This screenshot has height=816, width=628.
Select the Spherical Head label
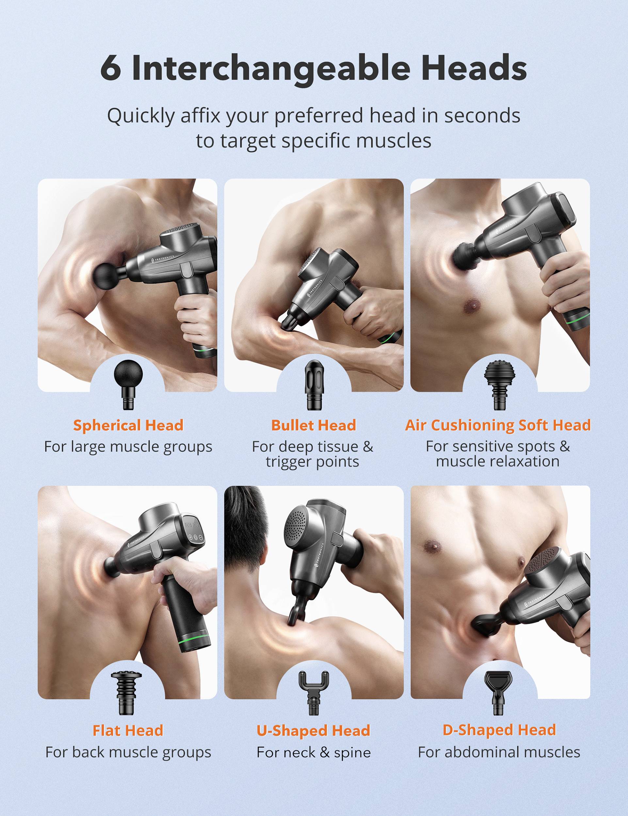pos(128,425)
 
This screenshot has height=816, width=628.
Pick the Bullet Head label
pos(314,425)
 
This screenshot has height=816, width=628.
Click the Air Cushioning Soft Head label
pos(498,425)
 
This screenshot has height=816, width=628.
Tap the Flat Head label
pos(128,730)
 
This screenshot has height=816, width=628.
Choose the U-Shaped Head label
pos(314,730)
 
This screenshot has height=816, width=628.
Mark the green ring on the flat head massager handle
pos(193,641)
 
